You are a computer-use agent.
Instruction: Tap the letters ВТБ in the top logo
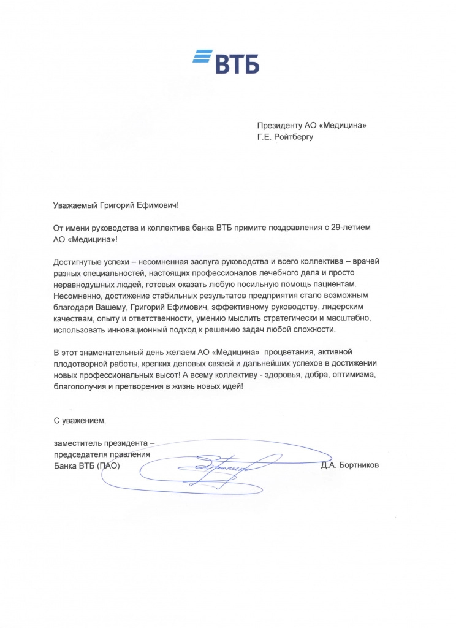click(237, 63)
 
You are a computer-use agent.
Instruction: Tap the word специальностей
click(115, 273)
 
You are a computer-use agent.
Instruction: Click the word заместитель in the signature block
click(78, 443)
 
